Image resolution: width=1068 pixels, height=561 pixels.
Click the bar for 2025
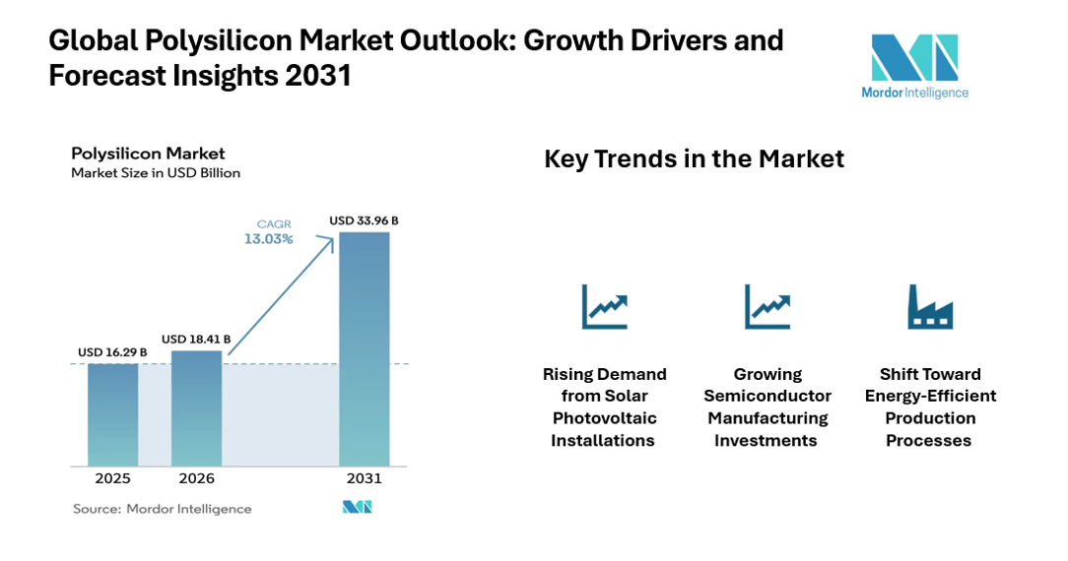click(112, 414)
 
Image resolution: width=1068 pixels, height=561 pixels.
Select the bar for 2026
click(196, 407)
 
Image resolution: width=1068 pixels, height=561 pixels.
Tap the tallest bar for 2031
click(364, 348)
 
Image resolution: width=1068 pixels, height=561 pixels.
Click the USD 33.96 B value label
click(364, 220)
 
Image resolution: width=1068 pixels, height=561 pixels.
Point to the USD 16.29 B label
click(112, 352)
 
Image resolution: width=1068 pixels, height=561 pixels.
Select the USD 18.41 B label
click(196, 340)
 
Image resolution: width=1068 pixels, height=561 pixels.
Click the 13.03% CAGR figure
click(269, 239)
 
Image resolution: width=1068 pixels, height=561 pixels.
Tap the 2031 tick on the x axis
click(364, 479)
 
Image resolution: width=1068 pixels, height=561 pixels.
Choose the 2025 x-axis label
click(112, 479)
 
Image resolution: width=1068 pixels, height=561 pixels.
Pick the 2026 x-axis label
click(196, 479)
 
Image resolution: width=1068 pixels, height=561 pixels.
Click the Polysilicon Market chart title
click(148, 154)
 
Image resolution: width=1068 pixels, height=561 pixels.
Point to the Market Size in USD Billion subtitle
click(156, 173)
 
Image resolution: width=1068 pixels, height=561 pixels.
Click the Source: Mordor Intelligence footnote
click(163, 509)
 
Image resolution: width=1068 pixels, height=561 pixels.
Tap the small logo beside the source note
click(357, 508)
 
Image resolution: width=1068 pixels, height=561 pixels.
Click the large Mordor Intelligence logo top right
click(914, 65)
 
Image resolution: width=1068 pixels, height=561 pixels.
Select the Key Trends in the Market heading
click(694, 159)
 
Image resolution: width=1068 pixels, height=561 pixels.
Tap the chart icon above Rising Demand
click(604, 306)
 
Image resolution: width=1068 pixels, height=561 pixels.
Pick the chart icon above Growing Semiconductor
click(767, 306)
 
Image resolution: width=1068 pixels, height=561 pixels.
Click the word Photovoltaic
click(604, 418)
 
